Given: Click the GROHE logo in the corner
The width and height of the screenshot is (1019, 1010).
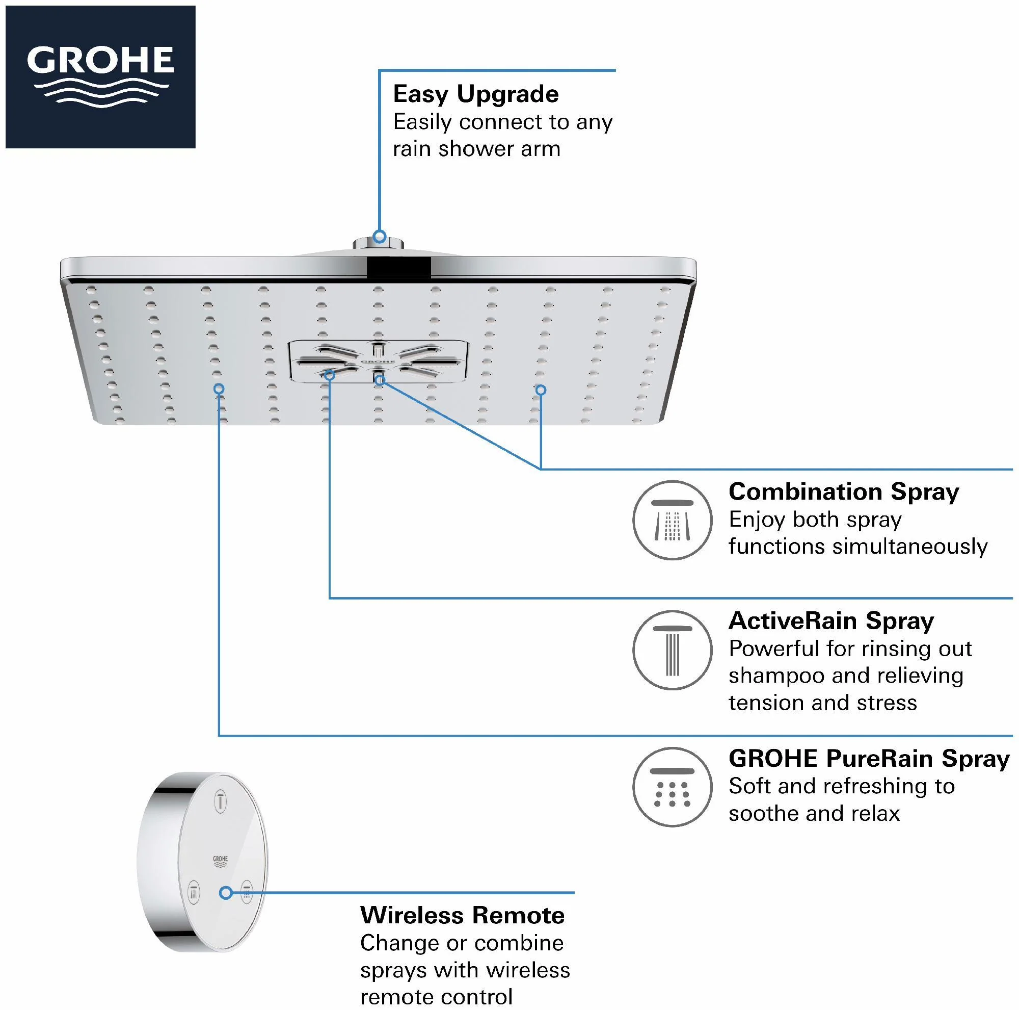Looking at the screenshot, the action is pos(100,76).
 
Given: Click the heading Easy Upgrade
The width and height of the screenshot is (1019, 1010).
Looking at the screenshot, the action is pos(476,94).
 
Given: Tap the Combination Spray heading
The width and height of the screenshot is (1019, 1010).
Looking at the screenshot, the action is pos(843,492).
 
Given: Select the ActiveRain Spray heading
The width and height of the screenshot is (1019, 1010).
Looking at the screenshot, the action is pos(831,621).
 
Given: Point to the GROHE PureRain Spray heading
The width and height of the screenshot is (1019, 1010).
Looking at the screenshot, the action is pos(869,759).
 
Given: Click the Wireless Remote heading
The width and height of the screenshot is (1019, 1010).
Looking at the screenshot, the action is pos(462,916).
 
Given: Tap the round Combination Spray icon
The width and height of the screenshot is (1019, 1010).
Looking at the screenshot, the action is pos(673,521).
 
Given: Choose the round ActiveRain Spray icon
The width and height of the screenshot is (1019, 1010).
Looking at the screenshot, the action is pos(673,650).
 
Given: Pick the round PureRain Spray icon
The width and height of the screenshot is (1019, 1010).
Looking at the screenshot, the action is pos(673,787).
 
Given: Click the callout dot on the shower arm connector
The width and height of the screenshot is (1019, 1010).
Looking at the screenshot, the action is pos(379,236).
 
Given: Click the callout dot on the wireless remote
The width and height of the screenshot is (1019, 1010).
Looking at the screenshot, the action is pos(226,892).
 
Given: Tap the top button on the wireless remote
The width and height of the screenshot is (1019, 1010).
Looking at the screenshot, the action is pos(221,802).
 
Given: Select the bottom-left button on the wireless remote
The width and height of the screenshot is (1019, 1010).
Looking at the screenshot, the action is pos(194,893).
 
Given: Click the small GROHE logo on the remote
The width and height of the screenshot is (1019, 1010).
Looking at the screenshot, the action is pos(220,862).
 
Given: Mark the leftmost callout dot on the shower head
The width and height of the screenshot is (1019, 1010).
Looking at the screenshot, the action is pos(219,390).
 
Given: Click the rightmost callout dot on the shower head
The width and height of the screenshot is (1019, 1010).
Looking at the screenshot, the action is pos(541,390).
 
